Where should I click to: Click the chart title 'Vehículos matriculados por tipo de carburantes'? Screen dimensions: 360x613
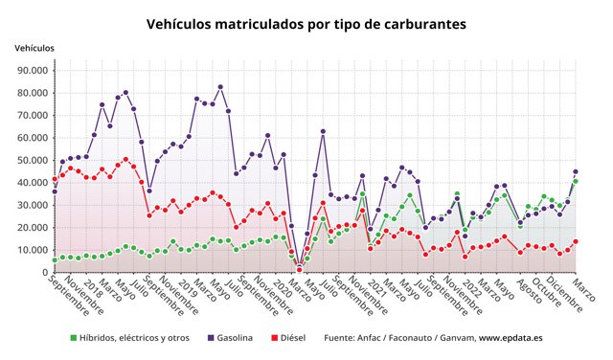(x=306, y=21)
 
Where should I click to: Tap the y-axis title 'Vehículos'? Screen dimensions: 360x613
(x=34, y=48)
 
